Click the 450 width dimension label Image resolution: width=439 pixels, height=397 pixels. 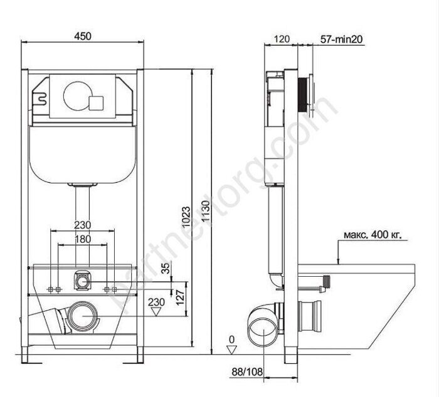click(83, 36)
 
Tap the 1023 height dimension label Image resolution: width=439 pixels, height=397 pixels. click(186, 217)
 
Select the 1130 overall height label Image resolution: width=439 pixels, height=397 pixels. click(206, 211)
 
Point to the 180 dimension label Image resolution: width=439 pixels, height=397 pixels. click(83, 239)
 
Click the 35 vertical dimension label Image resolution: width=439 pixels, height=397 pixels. click(166, 267)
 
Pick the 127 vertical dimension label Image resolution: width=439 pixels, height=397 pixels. click(180, 297)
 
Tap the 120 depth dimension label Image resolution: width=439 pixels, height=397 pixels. click(281, 39)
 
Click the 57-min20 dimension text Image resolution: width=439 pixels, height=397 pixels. click(341, 39)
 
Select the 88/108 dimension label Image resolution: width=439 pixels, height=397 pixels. click(247, 371)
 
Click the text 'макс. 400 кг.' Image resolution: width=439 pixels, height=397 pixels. click(373, 235)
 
